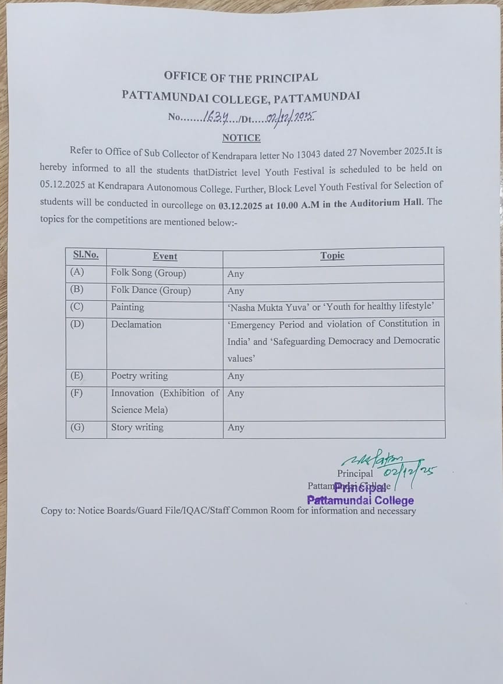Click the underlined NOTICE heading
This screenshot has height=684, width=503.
pos(241,138)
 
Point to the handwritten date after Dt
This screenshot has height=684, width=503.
pos(290,118)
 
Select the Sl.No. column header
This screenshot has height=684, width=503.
pos(86,255)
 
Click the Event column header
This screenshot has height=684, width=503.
pos(165,256)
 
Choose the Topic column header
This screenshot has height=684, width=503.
pos(332,256)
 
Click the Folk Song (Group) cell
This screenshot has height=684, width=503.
pos(148,273)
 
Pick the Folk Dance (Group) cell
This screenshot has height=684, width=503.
pos(151,290)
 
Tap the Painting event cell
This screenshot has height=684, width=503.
pos(127,307)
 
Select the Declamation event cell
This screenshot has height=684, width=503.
pos(136,324)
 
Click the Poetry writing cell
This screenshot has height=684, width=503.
pos(139,376)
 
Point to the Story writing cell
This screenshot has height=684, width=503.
pos(137,427)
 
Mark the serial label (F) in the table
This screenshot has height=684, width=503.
pos(76,393)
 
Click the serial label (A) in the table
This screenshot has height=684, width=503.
pos(76,272)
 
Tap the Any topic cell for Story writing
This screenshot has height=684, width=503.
pos(236,428)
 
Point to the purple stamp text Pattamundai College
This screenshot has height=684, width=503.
pos(360,501)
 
